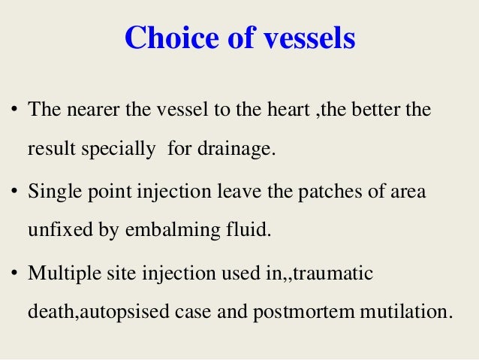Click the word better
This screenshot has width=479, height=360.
[x=383, y=110]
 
